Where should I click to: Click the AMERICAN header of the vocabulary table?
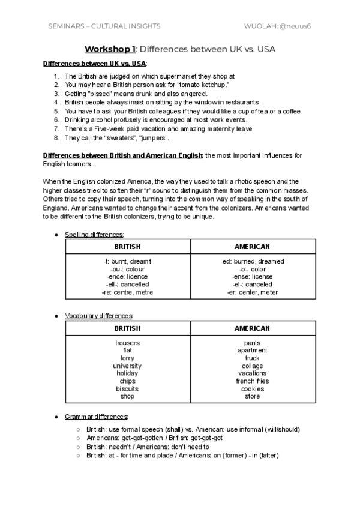coord(252,328)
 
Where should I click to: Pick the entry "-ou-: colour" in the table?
coord(127,269)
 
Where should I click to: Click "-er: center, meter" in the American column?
coord(252,292)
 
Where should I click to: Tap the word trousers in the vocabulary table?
coord(127,343)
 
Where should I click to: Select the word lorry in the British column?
coord(127,358)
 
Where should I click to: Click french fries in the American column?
coord(252,381)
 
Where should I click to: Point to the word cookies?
coord(252,388)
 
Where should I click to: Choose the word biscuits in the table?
coord(127,388)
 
